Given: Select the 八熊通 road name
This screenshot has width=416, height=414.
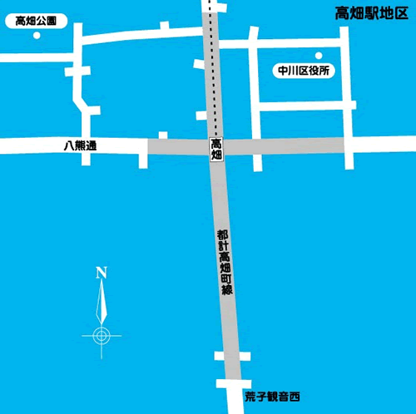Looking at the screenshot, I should pyautogui.click(x=80, y=145).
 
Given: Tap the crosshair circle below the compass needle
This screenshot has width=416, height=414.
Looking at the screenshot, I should pyautogui.click(x=102, y=335).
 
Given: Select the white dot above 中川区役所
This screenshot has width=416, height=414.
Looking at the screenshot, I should pyautogui.click(x=316, y=57).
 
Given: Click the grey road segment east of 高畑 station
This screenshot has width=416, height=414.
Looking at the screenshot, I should pyautogui.click(x=283, y=145).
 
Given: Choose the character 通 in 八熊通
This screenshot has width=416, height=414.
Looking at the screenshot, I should pyautogui.click(x=91, y=145).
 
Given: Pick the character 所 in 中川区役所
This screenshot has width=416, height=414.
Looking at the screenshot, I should pyautogui.click(x=326, y=71).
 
